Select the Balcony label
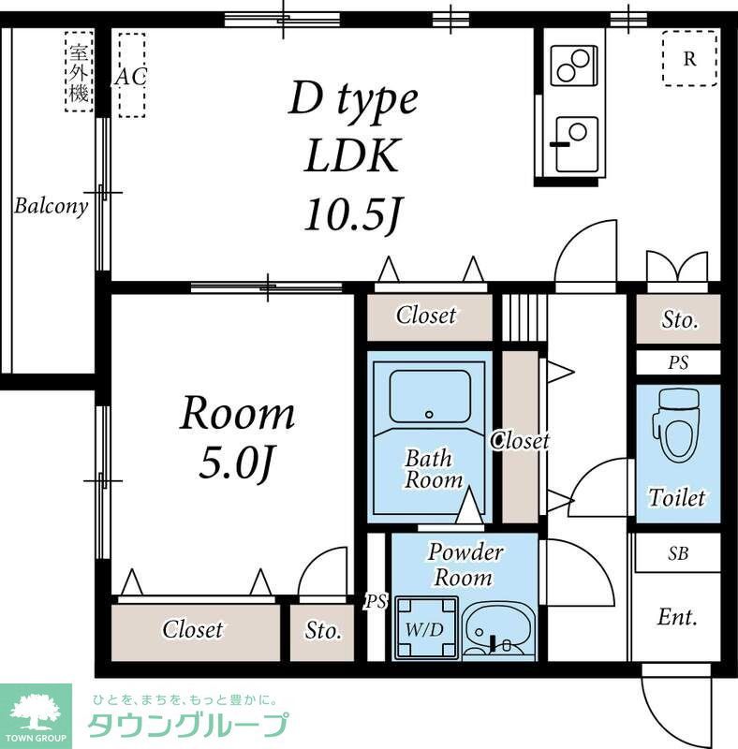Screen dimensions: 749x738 pos(51,206)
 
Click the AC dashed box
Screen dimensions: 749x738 pos(131,76)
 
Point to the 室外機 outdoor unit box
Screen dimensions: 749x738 pos(79,71)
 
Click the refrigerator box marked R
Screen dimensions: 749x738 pos(689,59)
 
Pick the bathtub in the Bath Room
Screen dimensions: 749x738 pos(430,397)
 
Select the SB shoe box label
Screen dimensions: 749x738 pos(678,553)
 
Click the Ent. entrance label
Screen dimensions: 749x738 pos(677,617)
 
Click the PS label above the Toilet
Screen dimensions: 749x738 pos(678,362)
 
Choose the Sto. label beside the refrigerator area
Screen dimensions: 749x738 pos(680,320)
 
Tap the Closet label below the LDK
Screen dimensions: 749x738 pos(426,316)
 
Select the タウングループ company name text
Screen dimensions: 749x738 pos(188,725)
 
